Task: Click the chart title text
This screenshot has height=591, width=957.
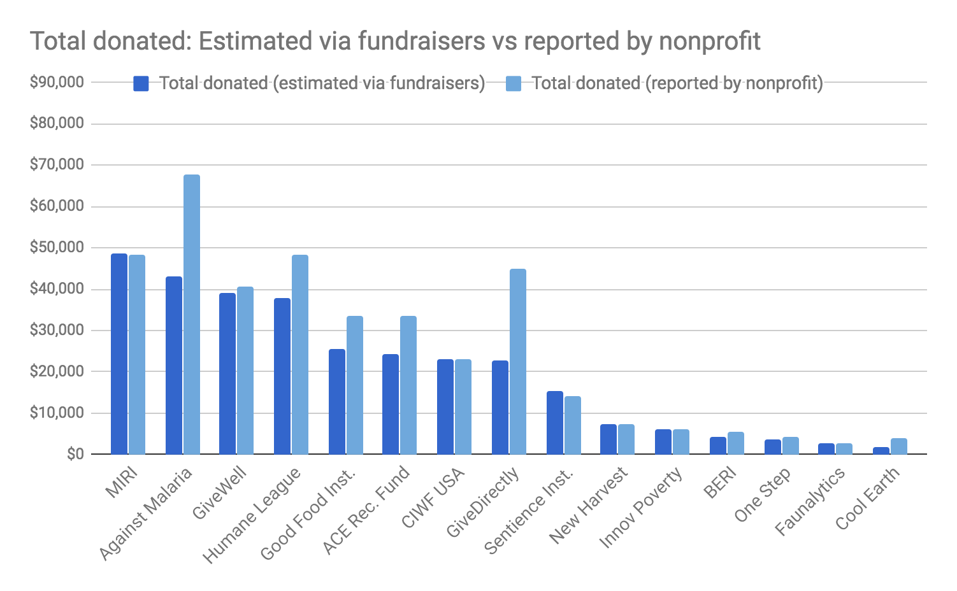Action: pos(395,41)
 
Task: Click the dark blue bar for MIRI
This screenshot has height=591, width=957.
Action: pos(119,353)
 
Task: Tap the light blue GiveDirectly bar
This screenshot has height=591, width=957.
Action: pos(518,361)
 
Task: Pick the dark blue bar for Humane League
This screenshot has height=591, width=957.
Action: pos(282,376)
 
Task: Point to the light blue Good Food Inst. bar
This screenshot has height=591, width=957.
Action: pos(355,385)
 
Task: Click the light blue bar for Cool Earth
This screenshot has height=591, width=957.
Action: pos(899,446)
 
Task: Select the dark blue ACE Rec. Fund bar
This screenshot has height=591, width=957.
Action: pos(391,404)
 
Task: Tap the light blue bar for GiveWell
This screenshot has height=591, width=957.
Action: pos(245,370)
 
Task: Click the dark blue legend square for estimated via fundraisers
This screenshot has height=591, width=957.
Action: pos(141,83)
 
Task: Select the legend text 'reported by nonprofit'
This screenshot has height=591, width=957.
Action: pos(677,83)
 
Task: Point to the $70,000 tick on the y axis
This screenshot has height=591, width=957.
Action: pos(57,164)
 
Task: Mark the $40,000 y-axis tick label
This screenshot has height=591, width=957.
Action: pos(57,288)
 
